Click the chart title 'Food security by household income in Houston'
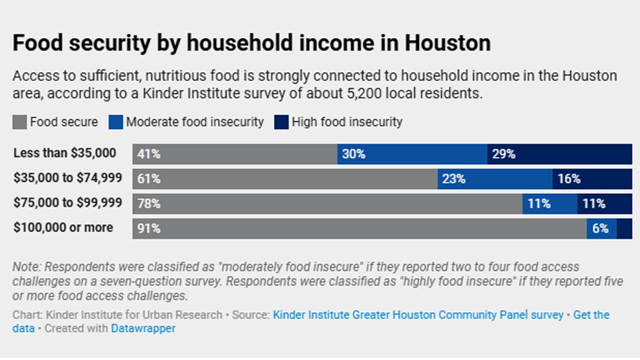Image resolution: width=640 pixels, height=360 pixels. coord(251,43)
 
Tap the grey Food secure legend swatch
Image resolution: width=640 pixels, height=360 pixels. coord(19,122)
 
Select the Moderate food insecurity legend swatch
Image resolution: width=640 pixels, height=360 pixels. coord(115,122)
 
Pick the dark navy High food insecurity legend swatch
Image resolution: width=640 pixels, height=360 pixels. coord(281,122)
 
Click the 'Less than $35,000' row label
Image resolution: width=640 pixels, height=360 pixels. coord(65,153)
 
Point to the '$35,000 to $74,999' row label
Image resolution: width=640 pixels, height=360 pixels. coord(67,178)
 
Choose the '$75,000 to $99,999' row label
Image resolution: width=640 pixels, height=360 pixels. coord(67,203)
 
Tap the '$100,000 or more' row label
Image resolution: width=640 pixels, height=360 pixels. coord(63,227)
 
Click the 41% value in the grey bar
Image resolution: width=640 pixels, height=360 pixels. coord(149,154)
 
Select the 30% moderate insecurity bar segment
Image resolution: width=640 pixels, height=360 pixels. coord(412,154)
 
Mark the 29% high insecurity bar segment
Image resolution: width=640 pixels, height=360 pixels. coord(559,154)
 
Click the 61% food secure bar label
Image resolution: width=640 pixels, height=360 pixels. coord(149,179)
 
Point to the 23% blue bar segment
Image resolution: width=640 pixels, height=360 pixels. coord(495,179)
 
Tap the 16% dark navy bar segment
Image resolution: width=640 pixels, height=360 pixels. coord(592,179)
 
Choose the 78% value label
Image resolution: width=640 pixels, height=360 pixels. coord(149,204)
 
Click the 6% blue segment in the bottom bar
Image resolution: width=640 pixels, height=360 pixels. coord(601,229)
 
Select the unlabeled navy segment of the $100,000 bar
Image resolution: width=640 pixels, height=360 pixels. coord(624,229)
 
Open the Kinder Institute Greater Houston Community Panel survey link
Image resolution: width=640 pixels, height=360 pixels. coord(418,315)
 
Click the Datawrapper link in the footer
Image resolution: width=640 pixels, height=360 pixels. coord(143,328)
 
